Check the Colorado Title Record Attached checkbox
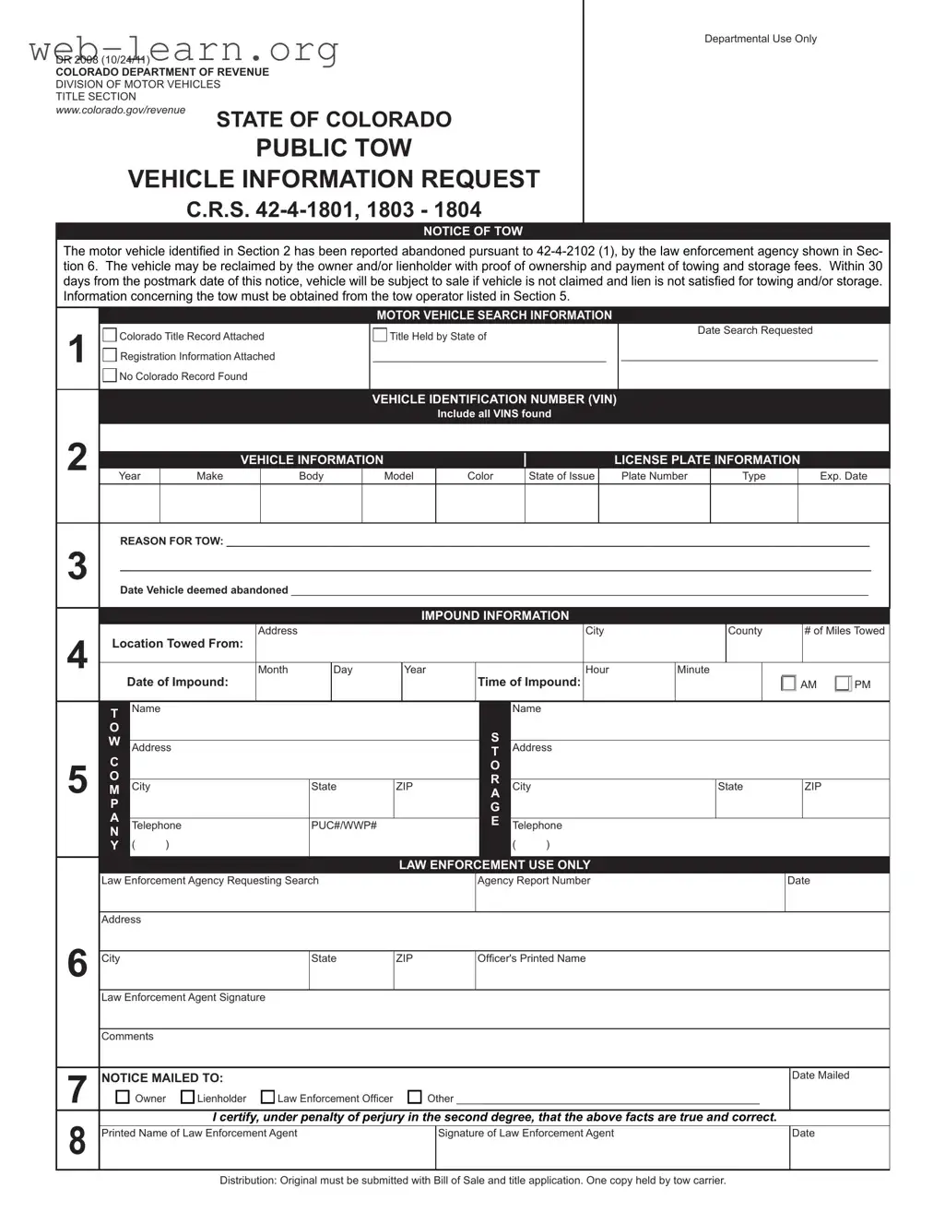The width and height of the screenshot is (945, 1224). pyautogui.click(x=110, y=336)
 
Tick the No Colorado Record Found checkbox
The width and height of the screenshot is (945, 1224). pyautogui.click(x=110, y=375)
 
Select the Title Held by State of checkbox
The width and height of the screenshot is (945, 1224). pyautogui.click(x=380, y=336)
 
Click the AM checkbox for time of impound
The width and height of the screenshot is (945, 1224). pyautogui.click(x=788, y=683)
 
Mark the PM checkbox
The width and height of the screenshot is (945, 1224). pyautogui.click(x=843, y=683)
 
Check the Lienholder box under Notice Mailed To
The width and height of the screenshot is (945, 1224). pyautogui.click(x=188, y=1098)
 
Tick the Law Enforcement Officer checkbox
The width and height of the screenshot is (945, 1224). pyautogui.click(x=268, y=1098)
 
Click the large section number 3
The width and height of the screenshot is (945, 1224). pyautogui.click(x=77, y=566)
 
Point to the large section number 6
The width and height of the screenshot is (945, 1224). pyautogui.click(x=77, y=964)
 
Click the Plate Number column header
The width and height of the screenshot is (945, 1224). pyautogui.click(x=655, y=476)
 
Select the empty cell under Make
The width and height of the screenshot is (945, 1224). pyautogui.click(x=210, y=504)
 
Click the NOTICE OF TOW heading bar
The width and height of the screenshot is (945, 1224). pyautogui.click(x=473, y=232)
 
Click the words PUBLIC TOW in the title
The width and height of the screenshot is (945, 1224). pyautogui.click(x=334, y=148)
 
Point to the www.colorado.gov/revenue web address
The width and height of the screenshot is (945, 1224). pyautogui.click(x=121, y=110)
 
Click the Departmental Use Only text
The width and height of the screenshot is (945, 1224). pyautogui.click(x=761, y=39)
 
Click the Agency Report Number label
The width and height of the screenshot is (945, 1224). pyautogui.click(x=534, y=881)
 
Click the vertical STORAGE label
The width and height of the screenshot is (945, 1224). pyautogui.click(x=495, y=779)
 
